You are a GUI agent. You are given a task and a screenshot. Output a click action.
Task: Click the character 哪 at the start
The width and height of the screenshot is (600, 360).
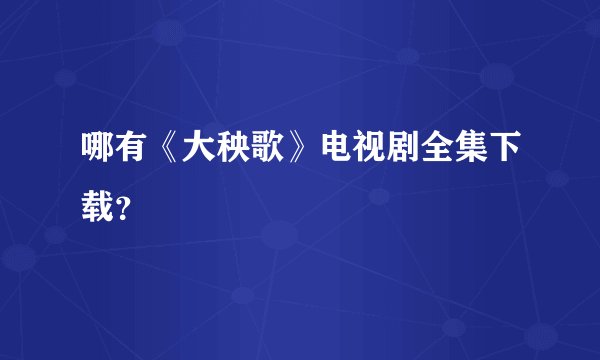click(97, 149)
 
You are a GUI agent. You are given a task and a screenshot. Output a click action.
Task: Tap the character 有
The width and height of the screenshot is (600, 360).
click(130, 149)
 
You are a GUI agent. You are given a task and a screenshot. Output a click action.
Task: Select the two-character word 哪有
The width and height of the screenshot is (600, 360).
click(114, 149)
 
